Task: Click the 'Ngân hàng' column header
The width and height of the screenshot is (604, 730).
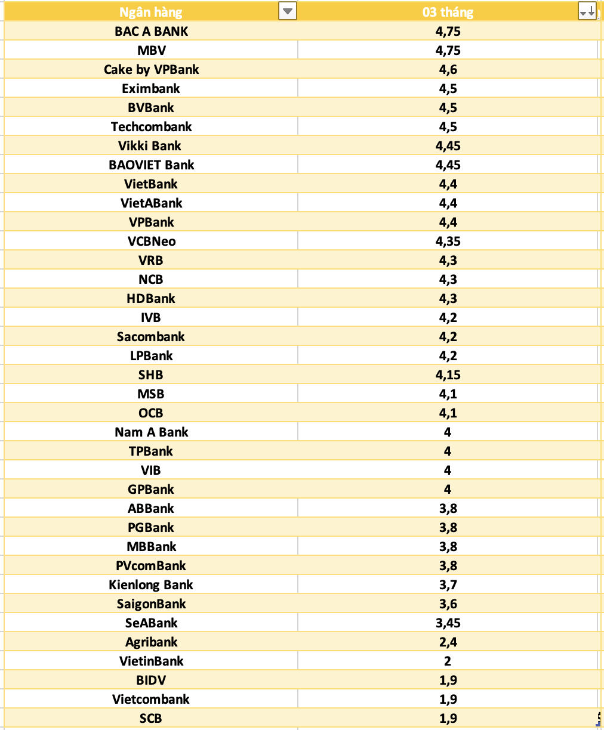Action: click(x=150, y=12)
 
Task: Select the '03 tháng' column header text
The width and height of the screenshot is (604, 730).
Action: click(x=448, y=12)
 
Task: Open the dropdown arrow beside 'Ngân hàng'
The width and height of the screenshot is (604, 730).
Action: click(x=288, y=11)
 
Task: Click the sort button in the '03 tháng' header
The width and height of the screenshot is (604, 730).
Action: click(x=587, y=11)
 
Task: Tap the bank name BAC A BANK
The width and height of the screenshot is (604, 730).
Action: click(x=151, y=31)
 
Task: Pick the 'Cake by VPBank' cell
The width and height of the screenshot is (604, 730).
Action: click(x=151, y=69)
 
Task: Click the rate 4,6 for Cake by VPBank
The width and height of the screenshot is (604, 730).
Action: click(x=448, y=69)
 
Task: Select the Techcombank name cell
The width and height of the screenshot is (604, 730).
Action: click(x=151, y=126)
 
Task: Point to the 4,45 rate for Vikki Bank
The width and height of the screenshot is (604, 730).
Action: click(x=448, y=146)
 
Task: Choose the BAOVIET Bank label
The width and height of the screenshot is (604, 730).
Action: click(x=151, y=165)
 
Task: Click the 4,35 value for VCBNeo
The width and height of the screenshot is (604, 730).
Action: click(x=448, y=241)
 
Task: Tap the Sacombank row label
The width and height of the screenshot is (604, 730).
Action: click(x=151, y=336)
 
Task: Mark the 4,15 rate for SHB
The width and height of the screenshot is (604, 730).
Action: click(x=448, y=375)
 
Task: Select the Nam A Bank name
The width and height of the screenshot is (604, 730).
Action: click(x=151, y=432)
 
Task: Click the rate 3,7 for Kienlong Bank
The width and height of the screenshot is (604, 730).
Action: click(x=448, y=584)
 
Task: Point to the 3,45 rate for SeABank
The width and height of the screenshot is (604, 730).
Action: click(x=448, y=623)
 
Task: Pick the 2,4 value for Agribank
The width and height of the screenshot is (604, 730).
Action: click(x=448, y=642)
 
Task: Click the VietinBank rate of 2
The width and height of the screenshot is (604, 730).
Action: click(x=448, y=661)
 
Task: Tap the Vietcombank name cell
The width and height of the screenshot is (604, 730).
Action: click(x=151, y=699)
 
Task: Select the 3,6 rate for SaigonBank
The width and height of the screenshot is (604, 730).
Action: click(x=448, y=604)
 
